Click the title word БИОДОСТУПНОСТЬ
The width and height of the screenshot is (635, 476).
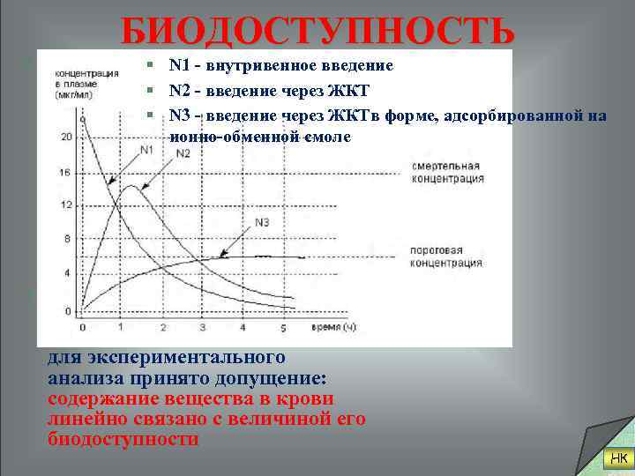pyautogui.click(x=317, y=33)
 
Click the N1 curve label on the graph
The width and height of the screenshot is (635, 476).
pyautogui.click(x=146, y=150)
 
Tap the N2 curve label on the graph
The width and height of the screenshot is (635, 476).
pyautogui.click(x=183, y=153)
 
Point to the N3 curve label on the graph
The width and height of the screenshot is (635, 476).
pyautogui.click(x=262, y=220)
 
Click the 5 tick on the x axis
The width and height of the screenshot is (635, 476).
pyautogui.click(x=283, y=328)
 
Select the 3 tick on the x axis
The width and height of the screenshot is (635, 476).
pyautogui.click(x=203, y=328)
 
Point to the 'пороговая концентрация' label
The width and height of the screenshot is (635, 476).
pyautogui.click(x=447, y=257)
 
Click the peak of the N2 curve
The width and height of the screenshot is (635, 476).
pyautogui.click(x=130, y=186)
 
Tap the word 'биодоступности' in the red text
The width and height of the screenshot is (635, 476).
pyautogui.click(x=123, y=438)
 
